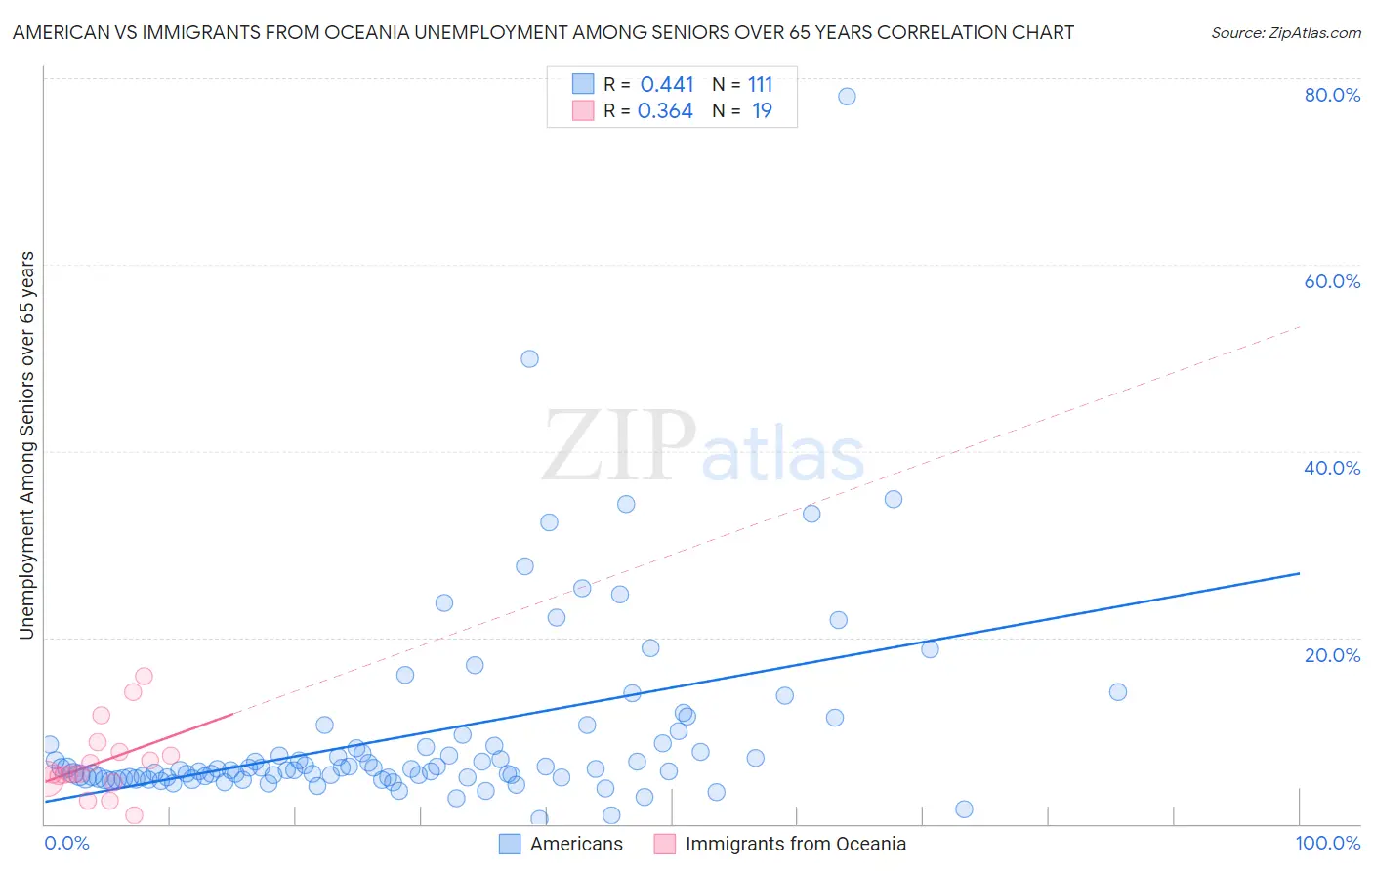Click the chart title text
[543, 32]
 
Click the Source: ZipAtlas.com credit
[1285, 32]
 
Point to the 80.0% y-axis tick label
[1332, 95]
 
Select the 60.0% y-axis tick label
[1332, 281]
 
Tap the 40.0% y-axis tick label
[1332, 468]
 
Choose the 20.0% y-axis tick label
[1332, 654]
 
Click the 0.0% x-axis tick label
[66, 843]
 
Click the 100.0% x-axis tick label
[1327, 843]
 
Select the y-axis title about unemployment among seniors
[27, 445]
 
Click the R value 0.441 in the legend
[667, 84]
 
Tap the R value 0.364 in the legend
[665, 110]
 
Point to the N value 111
[760, 84]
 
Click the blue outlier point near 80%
[847, 96]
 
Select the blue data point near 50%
[529, 358]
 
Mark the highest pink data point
[144, 676]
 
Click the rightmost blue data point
[1118, 691]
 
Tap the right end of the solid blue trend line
[1299, 573]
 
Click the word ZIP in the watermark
[619, 446]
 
